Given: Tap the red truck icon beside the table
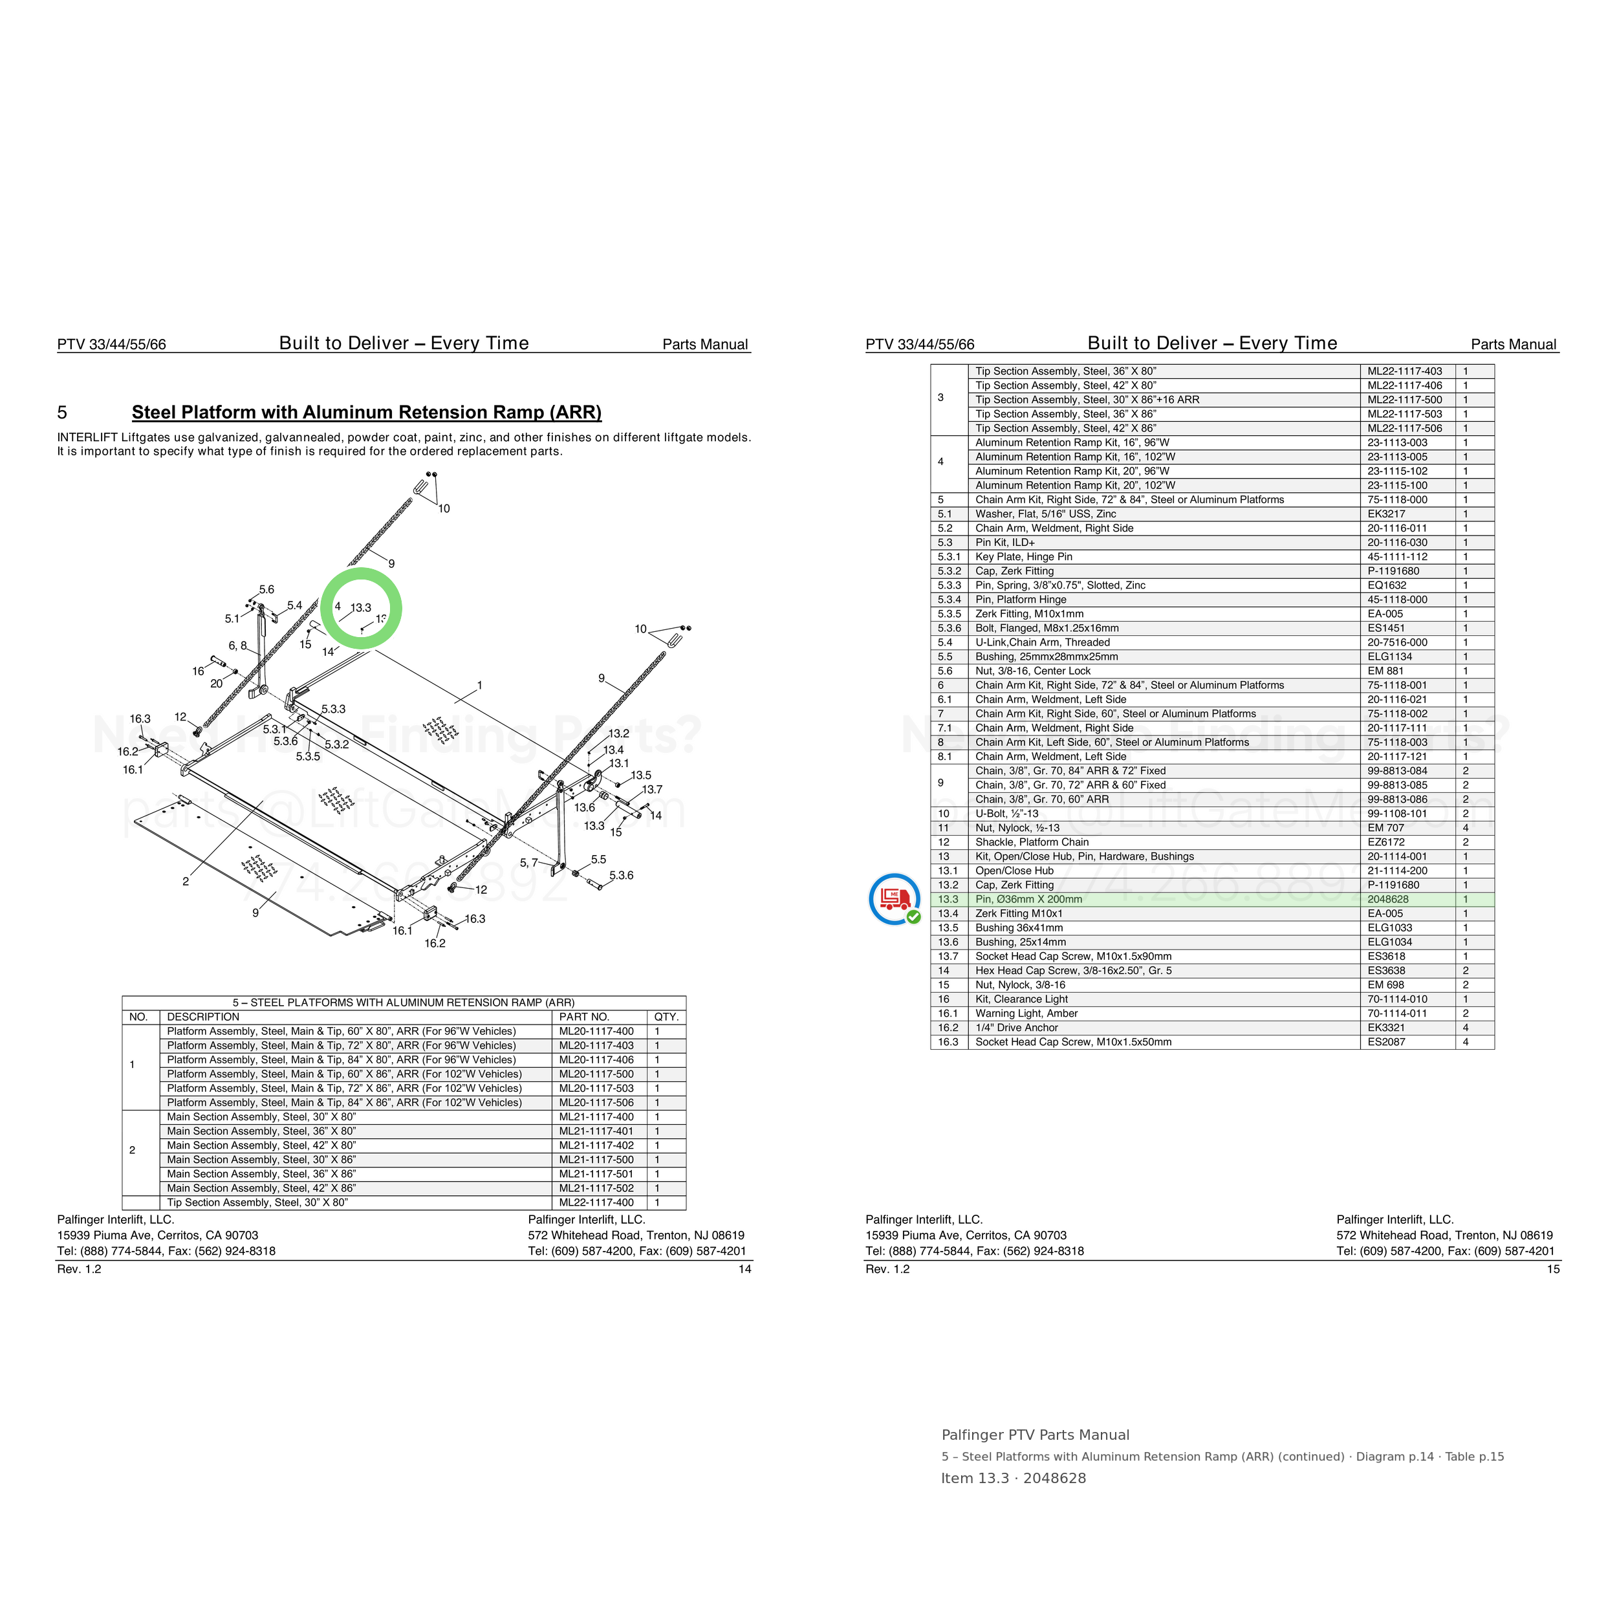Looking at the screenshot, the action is (x=895, y=898).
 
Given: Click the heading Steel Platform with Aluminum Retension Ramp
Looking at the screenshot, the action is (x=367, y=413).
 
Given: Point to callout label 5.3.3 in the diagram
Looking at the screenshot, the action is (x=333, y=709).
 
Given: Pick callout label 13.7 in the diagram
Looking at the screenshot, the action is (x=652, y=789).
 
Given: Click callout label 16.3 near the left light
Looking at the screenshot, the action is (x=140, y=719).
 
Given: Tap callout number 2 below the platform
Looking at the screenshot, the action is (x=186, y=882).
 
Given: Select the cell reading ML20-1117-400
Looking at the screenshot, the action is (x=596, y=1031).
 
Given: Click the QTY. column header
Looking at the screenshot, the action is (x=666, y=1017).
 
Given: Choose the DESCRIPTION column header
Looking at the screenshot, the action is (x=203, y=1017).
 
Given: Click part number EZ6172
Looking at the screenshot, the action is (x=1384, y=842).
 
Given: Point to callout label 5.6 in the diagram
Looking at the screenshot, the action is (x=266, y=590).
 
